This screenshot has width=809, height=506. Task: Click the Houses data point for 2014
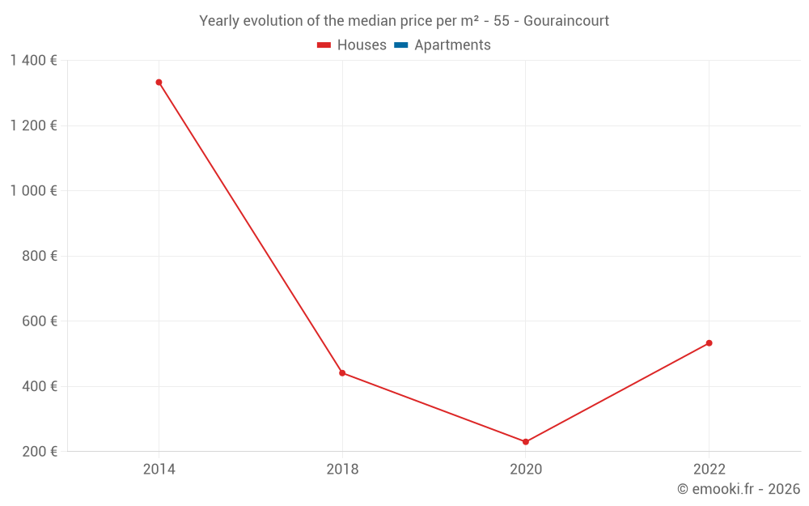tap(159, 83)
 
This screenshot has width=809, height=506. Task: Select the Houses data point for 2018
tap(342, 373)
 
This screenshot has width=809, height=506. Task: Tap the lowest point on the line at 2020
tap(526, 442)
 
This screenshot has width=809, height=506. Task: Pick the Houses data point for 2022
tap(709, 343)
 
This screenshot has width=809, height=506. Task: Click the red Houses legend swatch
tap(324, 45)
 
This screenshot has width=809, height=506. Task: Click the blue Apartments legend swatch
tap(400, 45)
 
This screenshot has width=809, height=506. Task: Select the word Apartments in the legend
tap(452, 45)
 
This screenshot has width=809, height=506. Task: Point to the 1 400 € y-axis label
tap(33, 61)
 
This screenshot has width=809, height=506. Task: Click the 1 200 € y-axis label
tap(33, 125)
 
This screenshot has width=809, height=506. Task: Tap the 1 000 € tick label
tap(33, 191)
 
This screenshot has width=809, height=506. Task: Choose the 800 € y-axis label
tap(40, 256)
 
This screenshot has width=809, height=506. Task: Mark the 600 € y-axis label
tap(40, 321)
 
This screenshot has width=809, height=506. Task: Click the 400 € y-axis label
tap(40, 386)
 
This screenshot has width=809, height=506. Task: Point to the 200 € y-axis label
tap(40, 452)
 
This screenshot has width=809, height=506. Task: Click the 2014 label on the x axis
tap(159, 470)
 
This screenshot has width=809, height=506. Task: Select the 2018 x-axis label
tap(342, 470)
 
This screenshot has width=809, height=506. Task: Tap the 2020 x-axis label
tap(526, 470)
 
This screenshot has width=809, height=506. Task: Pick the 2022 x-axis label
tap(709, 470)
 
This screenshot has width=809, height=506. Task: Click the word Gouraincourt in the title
tap(566, 21)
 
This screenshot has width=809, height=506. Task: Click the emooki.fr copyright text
tap(739, 489)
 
